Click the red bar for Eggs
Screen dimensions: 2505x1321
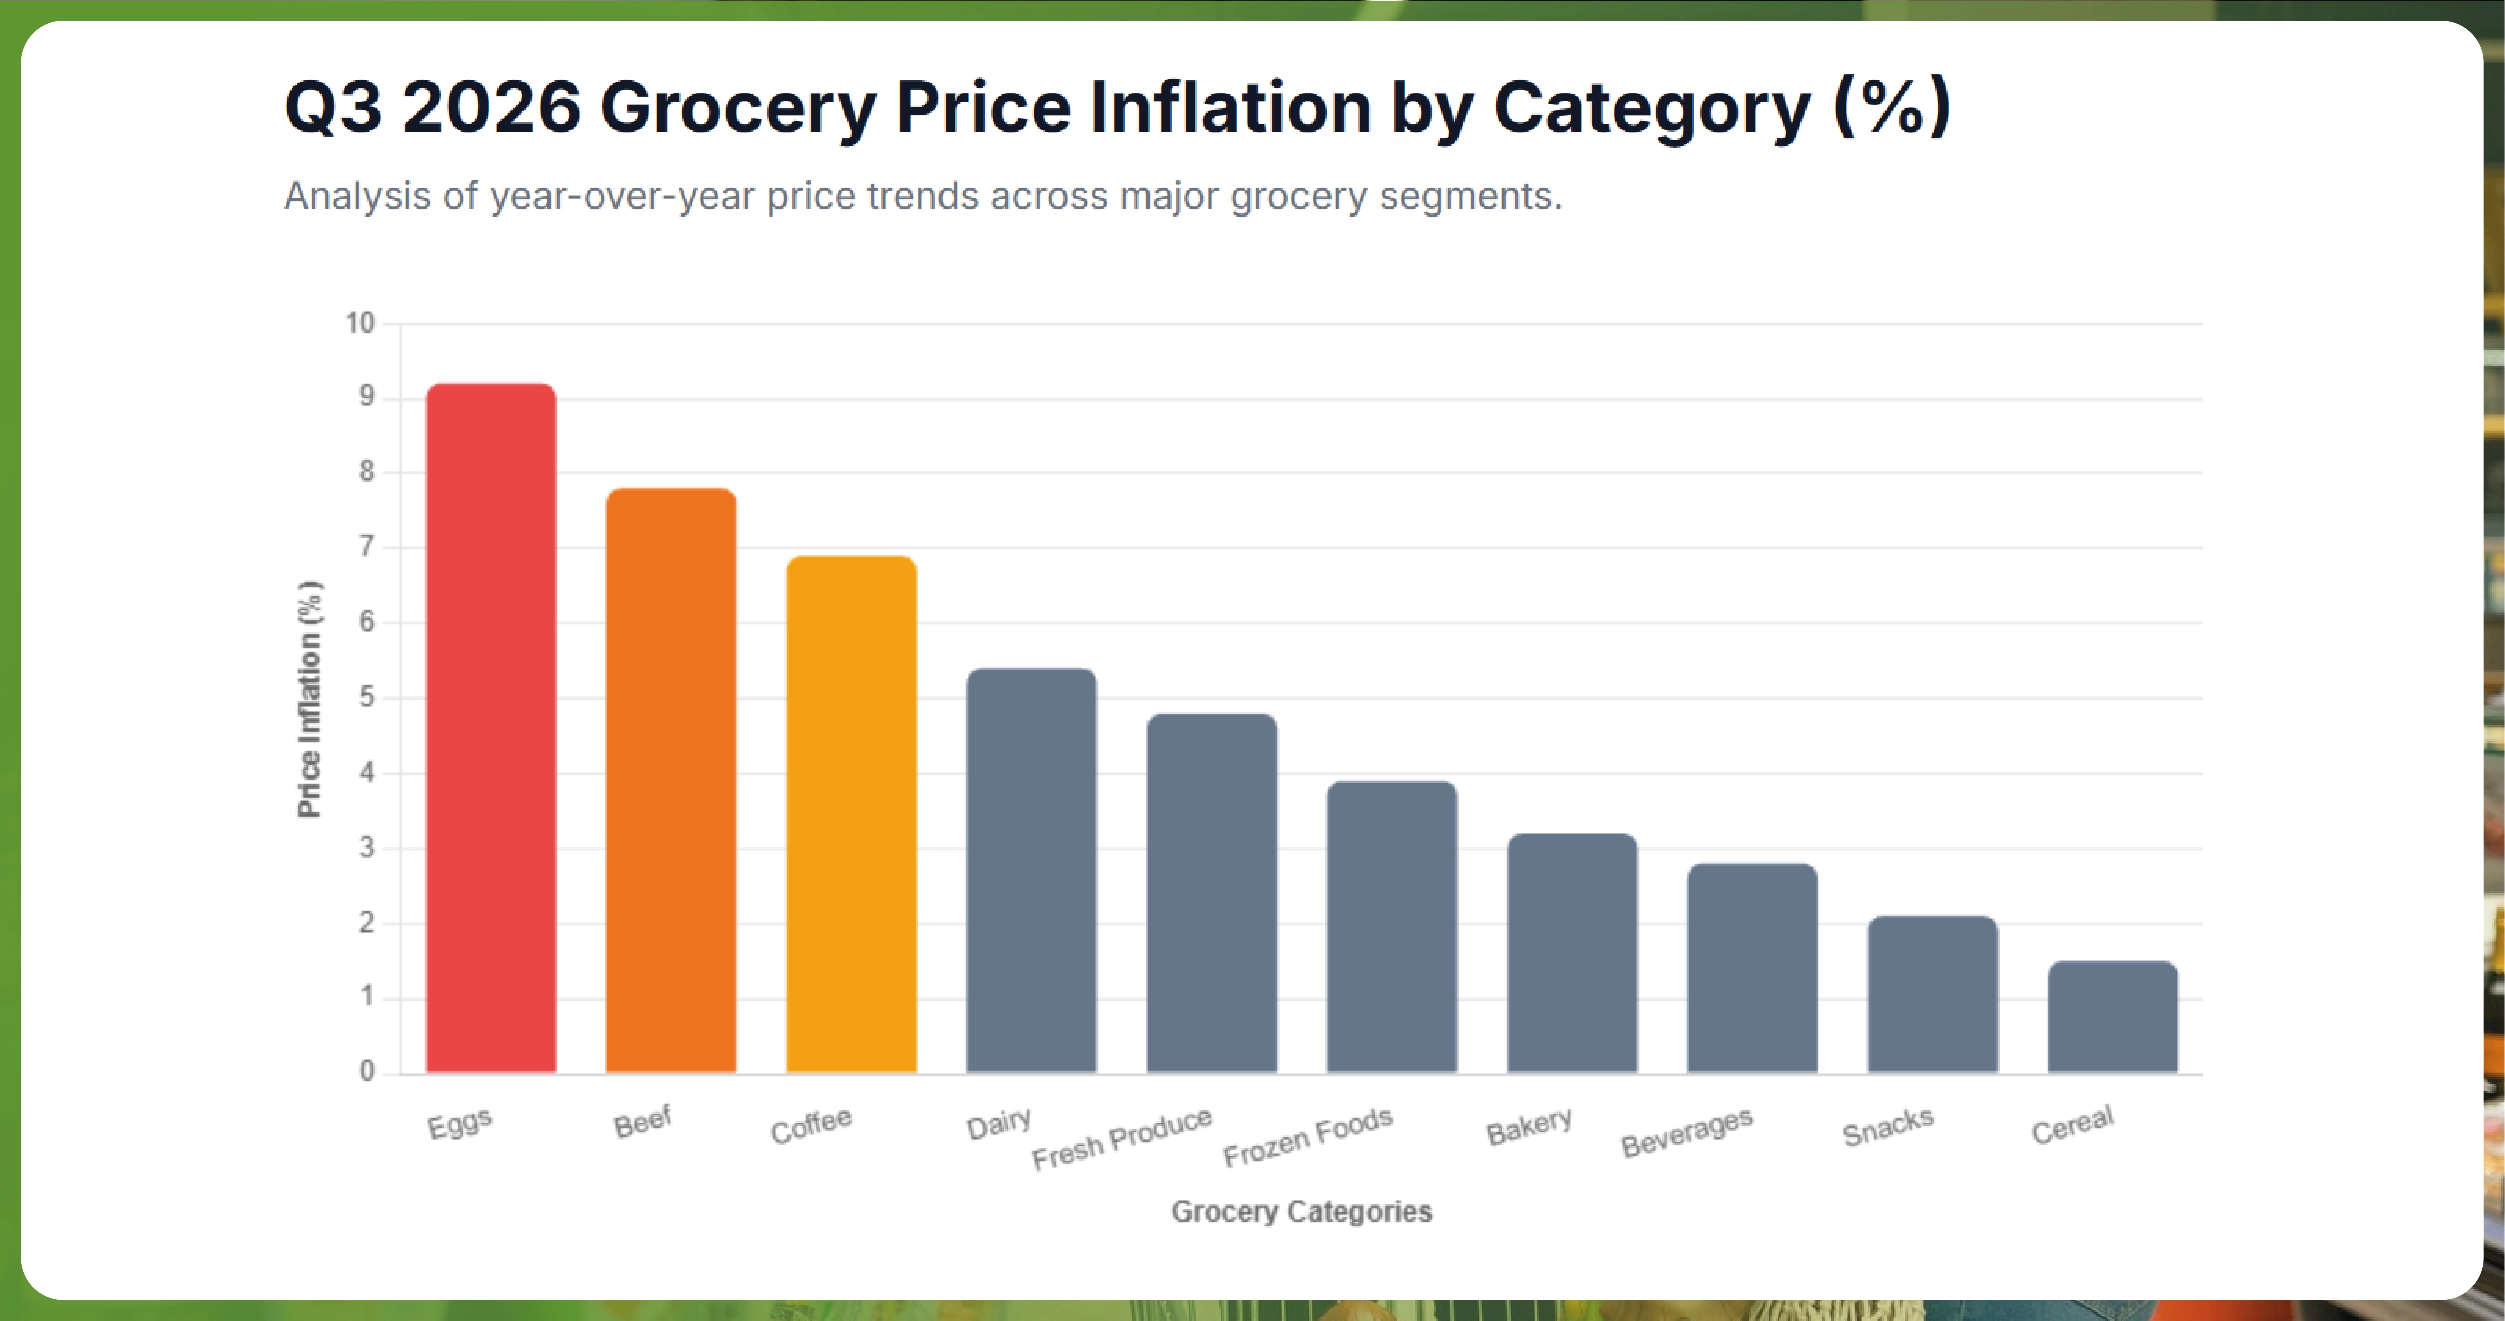(491, 729)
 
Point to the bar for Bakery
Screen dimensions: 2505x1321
(1572, 953)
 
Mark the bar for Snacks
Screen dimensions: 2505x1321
(1933, 994)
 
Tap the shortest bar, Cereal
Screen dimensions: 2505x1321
(2113, 1017)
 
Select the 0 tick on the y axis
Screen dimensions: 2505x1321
(367, 1071)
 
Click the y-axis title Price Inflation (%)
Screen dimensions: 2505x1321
(309, 700)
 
